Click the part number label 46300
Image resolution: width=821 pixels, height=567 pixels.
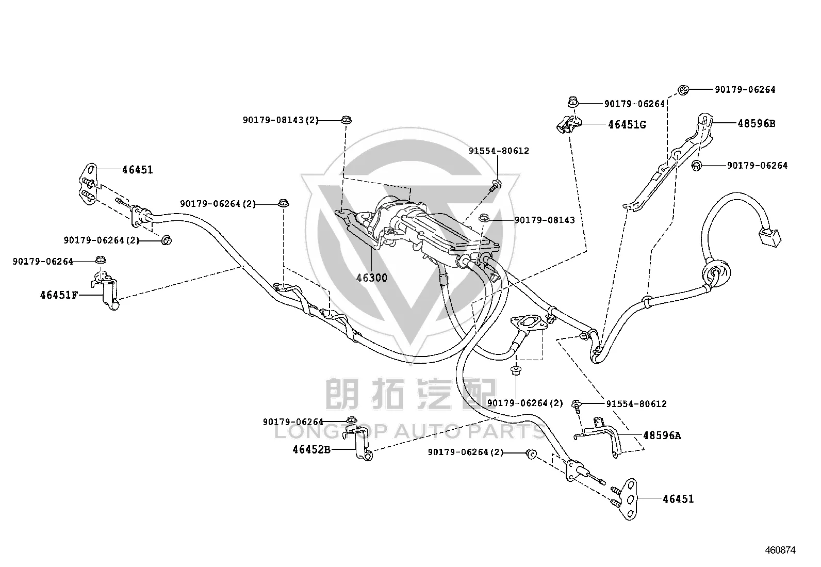[372, 278]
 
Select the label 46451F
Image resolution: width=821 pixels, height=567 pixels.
[59, 295]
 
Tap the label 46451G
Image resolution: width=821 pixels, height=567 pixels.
[627, 125]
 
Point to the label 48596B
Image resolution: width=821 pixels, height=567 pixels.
[757, 123]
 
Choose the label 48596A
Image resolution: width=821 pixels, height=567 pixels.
[662, 435]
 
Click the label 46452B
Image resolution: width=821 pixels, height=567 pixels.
[311, 449]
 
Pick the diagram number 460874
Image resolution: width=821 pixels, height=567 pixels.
[780, 550]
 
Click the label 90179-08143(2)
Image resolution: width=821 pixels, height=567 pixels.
[281, 120]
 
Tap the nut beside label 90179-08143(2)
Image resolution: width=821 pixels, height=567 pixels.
[346, 120]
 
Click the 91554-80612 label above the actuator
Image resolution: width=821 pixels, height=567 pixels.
[499, 151]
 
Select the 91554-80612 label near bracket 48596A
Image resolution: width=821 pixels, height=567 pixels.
[636, 404]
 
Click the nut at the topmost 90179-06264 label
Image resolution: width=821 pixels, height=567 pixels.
[683, 90]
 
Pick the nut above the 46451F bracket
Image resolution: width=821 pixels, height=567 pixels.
[101, 260]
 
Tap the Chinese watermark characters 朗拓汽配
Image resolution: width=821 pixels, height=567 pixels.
[411, 394]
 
